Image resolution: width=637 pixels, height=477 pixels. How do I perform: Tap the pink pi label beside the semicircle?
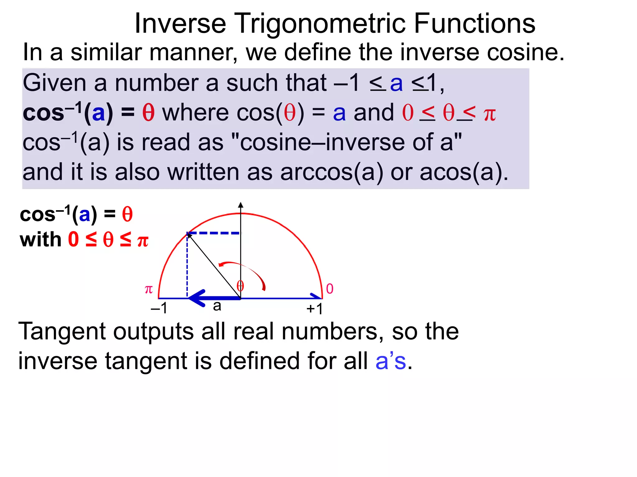149,289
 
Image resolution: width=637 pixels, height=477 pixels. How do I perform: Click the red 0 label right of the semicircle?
330,289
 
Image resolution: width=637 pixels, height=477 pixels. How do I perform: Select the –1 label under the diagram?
159,308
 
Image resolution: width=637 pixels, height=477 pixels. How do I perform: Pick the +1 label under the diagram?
314,309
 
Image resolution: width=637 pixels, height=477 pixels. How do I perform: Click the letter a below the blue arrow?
217,306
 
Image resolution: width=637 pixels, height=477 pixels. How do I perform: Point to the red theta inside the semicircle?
240,286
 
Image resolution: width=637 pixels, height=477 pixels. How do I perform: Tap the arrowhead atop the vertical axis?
240,205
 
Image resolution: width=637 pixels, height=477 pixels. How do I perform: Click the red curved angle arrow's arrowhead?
221,265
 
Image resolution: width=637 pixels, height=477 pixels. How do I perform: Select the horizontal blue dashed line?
214,233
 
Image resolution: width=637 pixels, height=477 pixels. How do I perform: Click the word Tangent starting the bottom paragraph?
62,332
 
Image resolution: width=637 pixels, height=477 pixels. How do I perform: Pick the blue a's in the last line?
391,361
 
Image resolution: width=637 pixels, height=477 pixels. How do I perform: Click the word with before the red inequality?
40,240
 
